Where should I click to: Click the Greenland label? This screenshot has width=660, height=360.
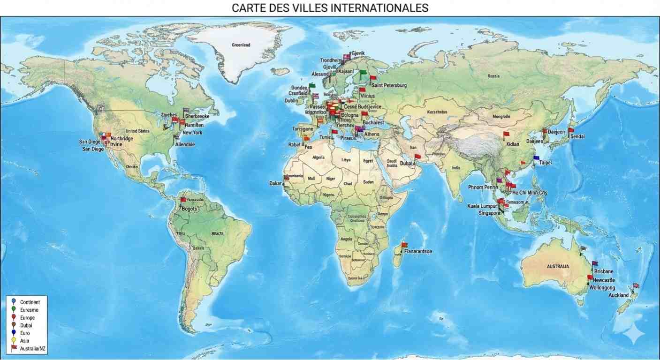[x=241, y=45]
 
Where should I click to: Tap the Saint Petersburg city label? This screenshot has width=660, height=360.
[x=389, y=85]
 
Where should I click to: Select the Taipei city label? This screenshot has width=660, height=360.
[x=545, y=163]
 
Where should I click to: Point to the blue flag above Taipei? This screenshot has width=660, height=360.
[x=536, y=158]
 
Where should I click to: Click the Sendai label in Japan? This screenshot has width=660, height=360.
[x=577, y=136]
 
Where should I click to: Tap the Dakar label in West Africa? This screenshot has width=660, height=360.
[x=275, y=183]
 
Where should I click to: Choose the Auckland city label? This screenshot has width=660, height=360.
[x=618, y=295]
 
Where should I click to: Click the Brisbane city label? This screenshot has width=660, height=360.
[x=603, y=271]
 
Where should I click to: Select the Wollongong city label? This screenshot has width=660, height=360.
[x=602, y=287]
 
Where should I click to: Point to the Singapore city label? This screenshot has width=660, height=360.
[x=489, y=213]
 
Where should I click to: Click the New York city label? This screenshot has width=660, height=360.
[x=192, y=133]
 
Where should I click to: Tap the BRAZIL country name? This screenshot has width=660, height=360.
[x=218, y=233]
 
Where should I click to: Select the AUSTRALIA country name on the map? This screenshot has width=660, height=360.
[x=558, y=266]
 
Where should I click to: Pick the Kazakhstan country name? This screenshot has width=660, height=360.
[x=438, y=112]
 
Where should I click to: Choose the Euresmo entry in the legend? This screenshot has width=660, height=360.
[x=29, y=310]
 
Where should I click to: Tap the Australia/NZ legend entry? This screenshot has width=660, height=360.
[x=33, y=349]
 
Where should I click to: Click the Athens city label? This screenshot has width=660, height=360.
[x=372, y=135]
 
